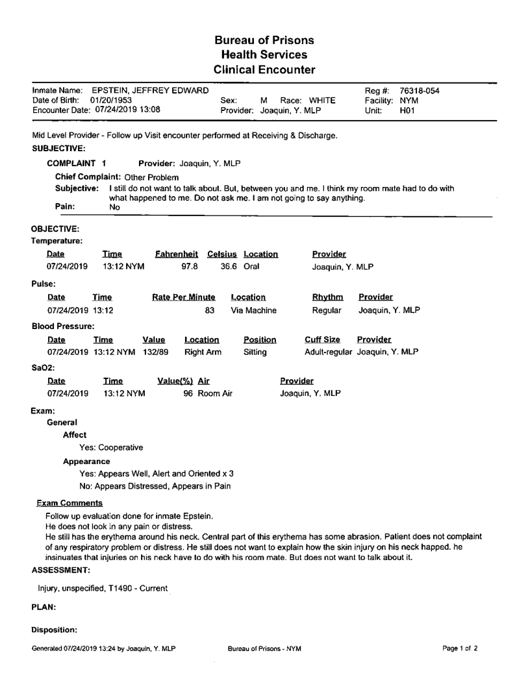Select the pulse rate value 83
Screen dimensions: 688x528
pos(210,311)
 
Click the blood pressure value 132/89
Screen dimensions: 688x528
pos(154,354)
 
